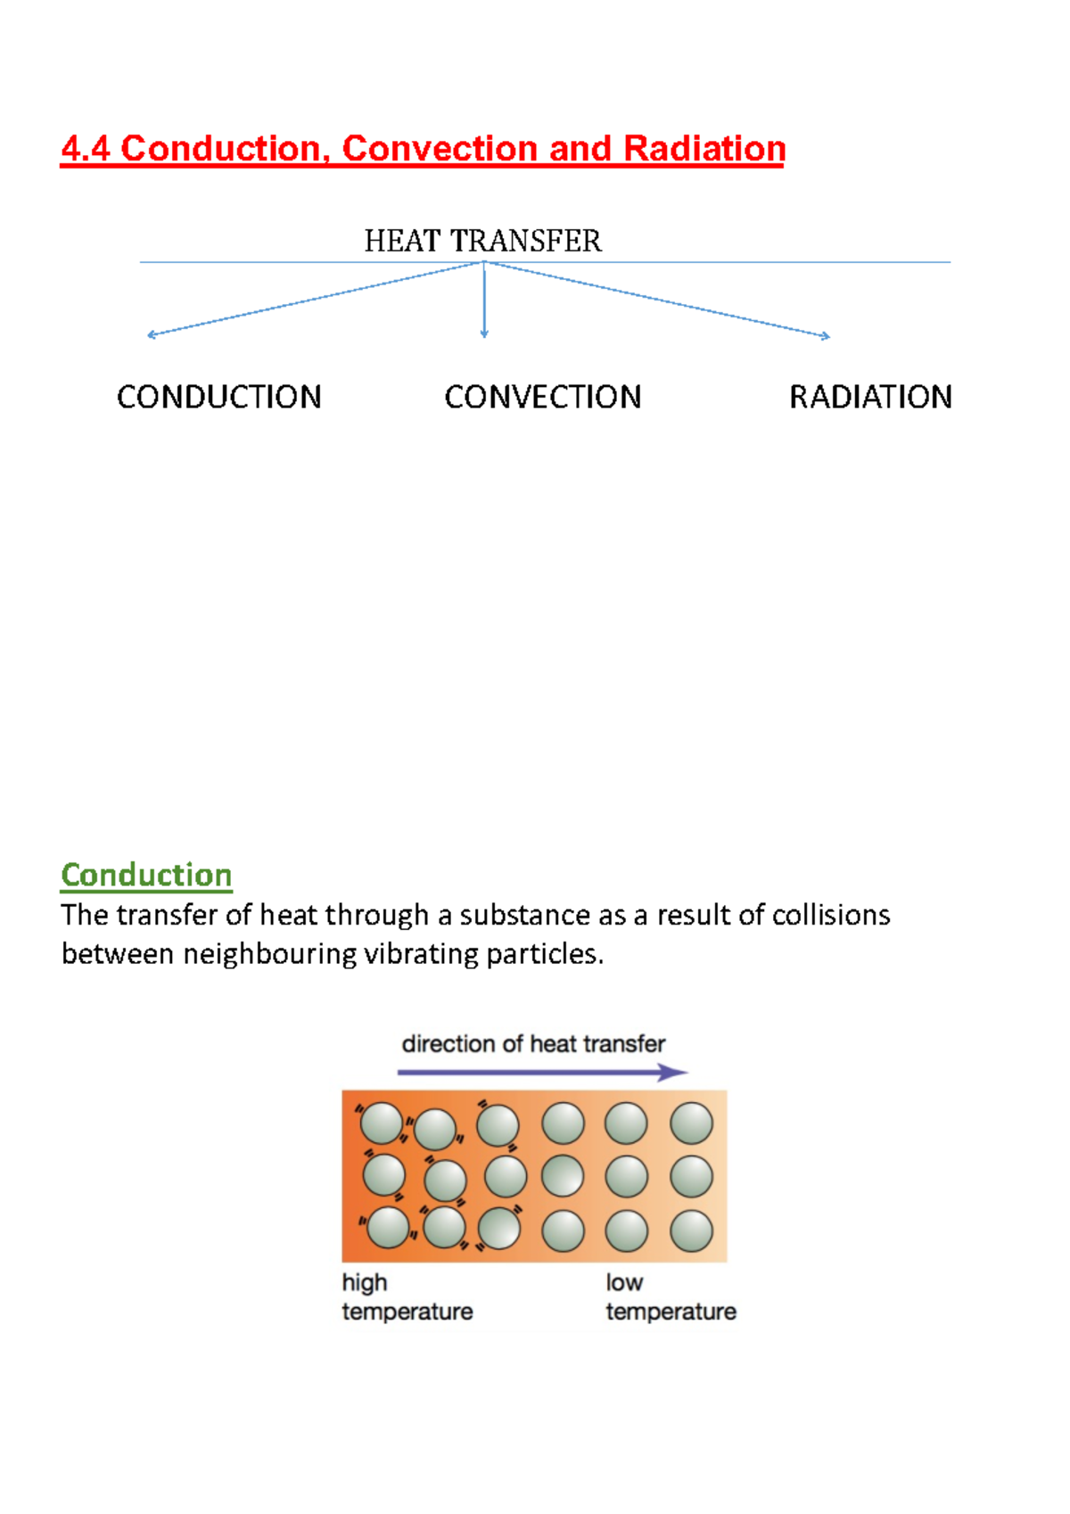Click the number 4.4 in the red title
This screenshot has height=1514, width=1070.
86,149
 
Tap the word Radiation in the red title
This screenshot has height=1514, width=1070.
704,149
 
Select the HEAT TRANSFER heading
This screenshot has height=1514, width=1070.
482,241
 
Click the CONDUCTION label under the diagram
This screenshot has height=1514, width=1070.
219,397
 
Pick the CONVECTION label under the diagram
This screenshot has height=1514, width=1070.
543,397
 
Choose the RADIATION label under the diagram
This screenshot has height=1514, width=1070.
870,397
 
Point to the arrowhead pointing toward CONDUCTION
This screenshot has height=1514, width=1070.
152,334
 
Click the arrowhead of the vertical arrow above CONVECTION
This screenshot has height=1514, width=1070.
484,333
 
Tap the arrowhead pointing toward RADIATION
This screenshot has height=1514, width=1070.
826,335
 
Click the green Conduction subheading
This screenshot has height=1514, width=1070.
146,875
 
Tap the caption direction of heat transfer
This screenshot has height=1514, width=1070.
533,1044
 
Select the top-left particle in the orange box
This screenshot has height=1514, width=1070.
382,1123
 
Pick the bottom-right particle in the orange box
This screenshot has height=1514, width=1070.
691,1231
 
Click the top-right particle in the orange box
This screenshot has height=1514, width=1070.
691,1123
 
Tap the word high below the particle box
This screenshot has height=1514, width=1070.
364,1282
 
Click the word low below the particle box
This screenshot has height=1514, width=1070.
624,1282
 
